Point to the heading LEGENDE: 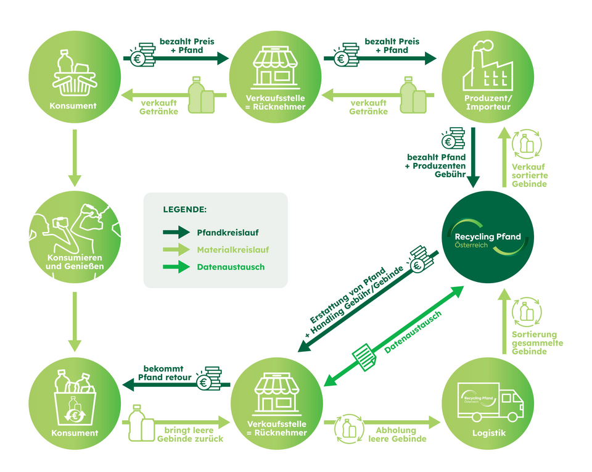(x=185, y=209)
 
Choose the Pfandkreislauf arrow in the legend (x=176, y=233)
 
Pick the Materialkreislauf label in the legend (x=233, y=250)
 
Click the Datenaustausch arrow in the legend (x=176, y=267)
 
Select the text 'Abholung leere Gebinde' (x=397, y=434)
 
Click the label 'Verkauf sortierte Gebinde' (x=530, y=175)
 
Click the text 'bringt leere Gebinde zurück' (x=194, y=434)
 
